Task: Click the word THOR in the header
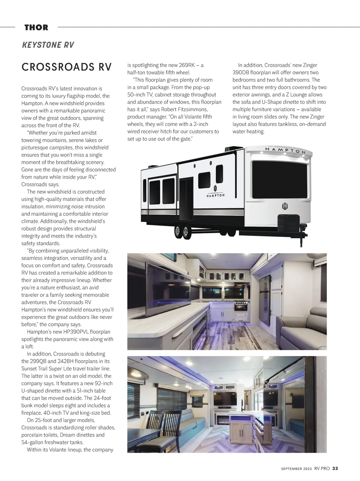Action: point(36,28)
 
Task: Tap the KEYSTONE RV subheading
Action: point(48,45)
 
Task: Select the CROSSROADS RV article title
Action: point(66,67)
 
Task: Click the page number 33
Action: point(335,468)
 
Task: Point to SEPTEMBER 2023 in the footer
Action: point(296,469)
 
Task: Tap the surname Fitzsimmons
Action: point(190,109)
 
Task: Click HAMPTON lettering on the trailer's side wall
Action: point(215,195)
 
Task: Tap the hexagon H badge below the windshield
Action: point(285,206)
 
